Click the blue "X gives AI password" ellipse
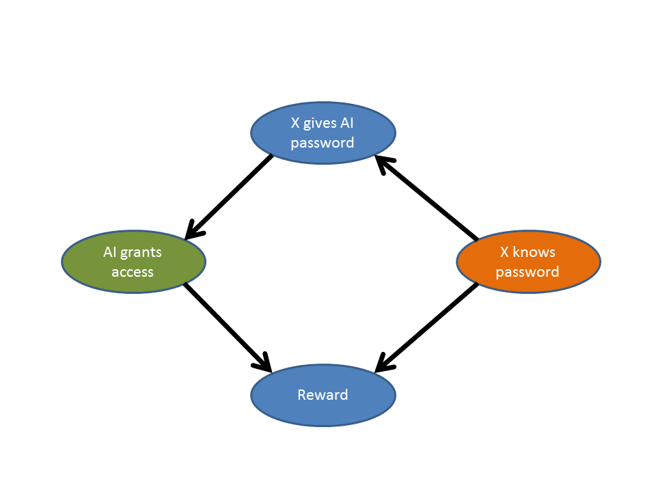click(x=323, y=133)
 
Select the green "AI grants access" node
click(x=133, y=262)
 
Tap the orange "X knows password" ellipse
click(x=528, y=262)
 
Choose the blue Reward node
click(x=323, y=395)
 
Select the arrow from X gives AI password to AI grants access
click(x=229, y=197)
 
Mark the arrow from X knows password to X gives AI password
click(x=427, y=198)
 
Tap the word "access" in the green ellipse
click(x=133, y=271)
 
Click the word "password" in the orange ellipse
click(x=528, y=271)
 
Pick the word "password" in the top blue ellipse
click(x=323, y=143)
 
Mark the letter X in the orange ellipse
click(x=504, y=252)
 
